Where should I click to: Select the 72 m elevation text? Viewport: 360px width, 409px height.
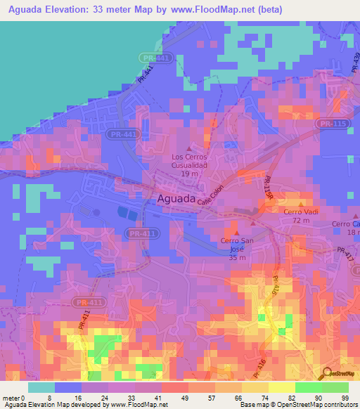point(301,221)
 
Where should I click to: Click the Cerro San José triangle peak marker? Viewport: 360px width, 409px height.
point(236,231)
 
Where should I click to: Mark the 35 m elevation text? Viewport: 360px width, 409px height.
point(236,258)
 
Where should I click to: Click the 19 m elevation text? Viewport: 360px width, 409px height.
point(188,173)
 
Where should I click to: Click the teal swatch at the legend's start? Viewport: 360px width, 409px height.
point(41,387)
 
